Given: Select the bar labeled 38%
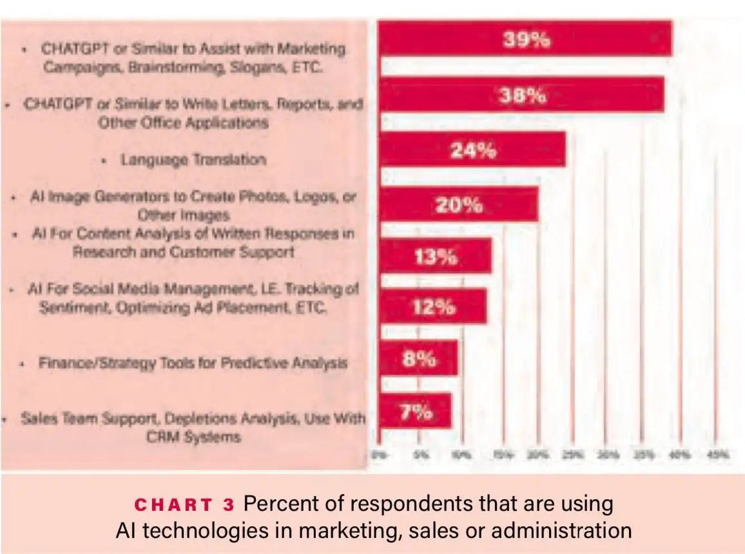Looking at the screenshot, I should [x=521, y=95].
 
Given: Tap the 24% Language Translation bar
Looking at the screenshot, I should [x=472, y=150].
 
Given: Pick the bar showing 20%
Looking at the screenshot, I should [x=458, y=204].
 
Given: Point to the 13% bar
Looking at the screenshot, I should [x=436, y=256].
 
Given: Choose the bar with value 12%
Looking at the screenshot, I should [x=433, y=306].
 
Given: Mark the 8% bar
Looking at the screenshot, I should [x=419, y=358].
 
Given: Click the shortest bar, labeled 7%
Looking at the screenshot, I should [x=416, y=411].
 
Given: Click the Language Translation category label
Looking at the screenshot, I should [x=193, y=159].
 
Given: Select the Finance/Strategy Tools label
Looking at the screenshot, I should [x=193, y=363].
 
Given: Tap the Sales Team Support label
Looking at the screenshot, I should [x=193, y=427].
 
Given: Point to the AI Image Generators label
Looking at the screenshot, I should [x=193, y=205].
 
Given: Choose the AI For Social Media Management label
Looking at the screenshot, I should [x=193, y=298].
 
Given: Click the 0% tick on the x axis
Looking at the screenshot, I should [x=379, y=455].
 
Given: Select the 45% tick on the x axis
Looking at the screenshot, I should [x=719, y=455].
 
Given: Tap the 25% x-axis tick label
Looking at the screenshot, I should [x=569, y=455].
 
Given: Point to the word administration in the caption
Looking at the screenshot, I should [x=568, y=531].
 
